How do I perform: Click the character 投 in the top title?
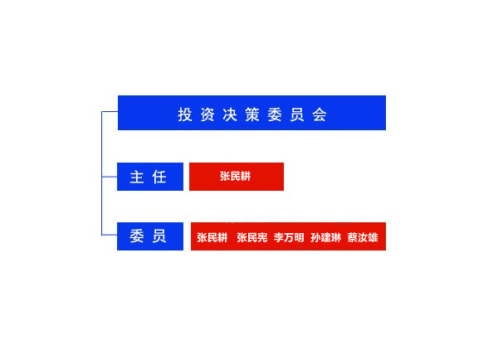point(185,114)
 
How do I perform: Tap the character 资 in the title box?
point(207,114)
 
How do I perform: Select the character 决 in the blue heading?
point(230,114)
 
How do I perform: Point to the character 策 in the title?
point(252,114)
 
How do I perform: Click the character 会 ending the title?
point(320,114)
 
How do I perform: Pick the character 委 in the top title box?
point(275,114)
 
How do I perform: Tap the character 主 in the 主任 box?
point(137,177)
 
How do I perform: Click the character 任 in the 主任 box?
point(159,177)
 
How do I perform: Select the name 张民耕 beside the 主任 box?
point(236,176)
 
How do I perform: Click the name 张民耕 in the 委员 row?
point(212,237)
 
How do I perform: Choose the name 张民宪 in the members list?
point(252,237)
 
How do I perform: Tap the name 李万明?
point(289,237)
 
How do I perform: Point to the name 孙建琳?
point(326,237)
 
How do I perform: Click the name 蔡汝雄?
point(363,237)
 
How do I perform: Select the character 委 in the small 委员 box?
point(137,236)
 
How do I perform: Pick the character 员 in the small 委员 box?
point(159,236)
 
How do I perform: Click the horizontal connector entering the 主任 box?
point(110,177)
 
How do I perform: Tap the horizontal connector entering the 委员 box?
point(110,235)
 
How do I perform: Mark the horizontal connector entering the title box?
point(110,112)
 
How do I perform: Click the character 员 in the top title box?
point(297,114)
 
